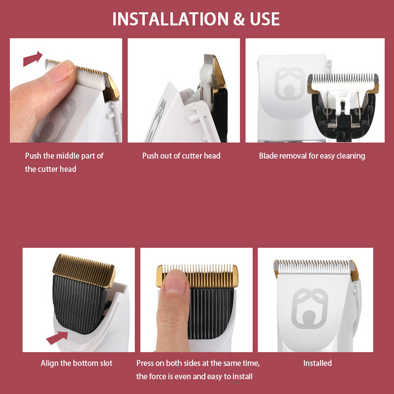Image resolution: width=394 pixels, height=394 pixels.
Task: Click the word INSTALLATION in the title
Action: (170, 19)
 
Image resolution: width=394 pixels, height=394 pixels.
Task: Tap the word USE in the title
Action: (264, 19)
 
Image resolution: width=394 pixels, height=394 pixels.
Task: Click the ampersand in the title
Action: (239, 19)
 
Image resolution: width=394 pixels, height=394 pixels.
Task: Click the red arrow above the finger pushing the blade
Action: (33, 59)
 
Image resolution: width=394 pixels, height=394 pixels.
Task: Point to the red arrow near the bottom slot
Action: (57, 338)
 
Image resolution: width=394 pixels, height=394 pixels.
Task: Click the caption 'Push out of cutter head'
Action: (181, 156)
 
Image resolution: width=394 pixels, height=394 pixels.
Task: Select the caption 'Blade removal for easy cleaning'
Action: (312, 156)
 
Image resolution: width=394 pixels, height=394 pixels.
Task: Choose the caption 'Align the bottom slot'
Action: (76, 363)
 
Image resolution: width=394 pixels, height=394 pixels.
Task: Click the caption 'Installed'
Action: (317, 363)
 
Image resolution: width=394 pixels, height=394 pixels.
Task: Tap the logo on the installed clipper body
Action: (310, 309)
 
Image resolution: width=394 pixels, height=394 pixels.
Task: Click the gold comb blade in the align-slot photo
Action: (84, 270)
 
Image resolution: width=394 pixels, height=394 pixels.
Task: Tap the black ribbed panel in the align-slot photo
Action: (78, 304)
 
